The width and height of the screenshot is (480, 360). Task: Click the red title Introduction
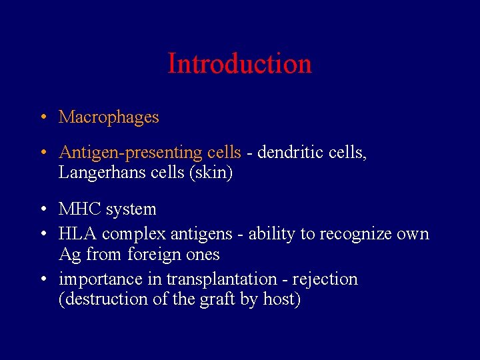click(x=239, y=64)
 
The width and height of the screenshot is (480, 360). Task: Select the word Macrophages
click(x=109, y=117)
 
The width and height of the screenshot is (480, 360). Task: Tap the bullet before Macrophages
click(x=42, y=118)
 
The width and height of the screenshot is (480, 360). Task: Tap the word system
click(x=130, y=210)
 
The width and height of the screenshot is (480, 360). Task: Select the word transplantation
click(x=221, y=279)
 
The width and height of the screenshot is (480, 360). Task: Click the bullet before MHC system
click(x=42, y=210)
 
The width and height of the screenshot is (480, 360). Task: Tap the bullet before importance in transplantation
click(x=42, y=279)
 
